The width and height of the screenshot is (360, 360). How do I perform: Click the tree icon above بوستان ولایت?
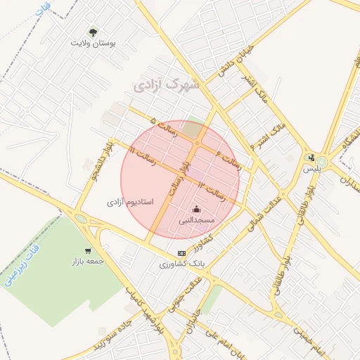click(93, 32)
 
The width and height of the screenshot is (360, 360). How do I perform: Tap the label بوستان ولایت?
click(93, 43)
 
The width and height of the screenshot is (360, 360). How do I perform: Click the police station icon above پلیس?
click(311, 157)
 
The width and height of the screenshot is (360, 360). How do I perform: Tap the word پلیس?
click(311, 169)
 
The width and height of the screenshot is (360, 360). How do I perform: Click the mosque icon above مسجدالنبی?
click(196, 209)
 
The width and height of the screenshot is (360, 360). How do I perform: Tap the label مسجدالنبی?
click(196, 220)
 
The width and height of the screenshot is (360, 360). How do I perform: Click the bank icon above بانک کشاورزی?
click(181, 253)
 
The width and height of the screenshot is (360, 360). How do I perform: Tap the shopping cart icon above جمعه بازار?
click(88, 250)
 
